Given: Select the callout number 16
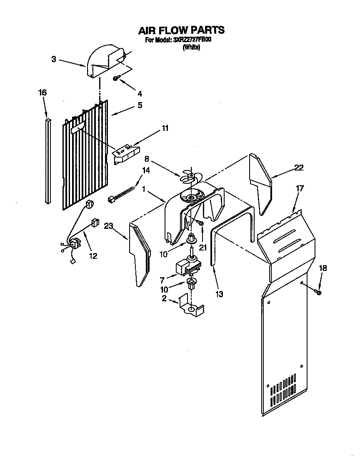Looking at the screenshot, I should point(42,93).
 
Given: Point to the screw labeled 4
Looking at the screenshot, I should point(117,78).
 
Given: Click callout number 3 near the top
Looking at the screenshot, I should point(54,59).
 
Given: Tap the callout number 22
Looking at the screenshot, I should point(299,168).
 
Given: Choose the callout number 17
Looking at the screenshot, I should point(300,188).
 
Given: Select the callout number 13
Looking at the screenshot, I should point(219,294).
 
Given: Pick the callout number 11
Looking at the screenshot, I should point(165,128).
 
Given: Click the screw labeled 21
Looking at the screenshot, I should point(201,225).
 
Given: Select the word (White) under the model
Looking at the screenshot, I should point(192,48).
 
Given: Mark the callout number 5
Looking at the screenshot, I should point(140,105).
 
